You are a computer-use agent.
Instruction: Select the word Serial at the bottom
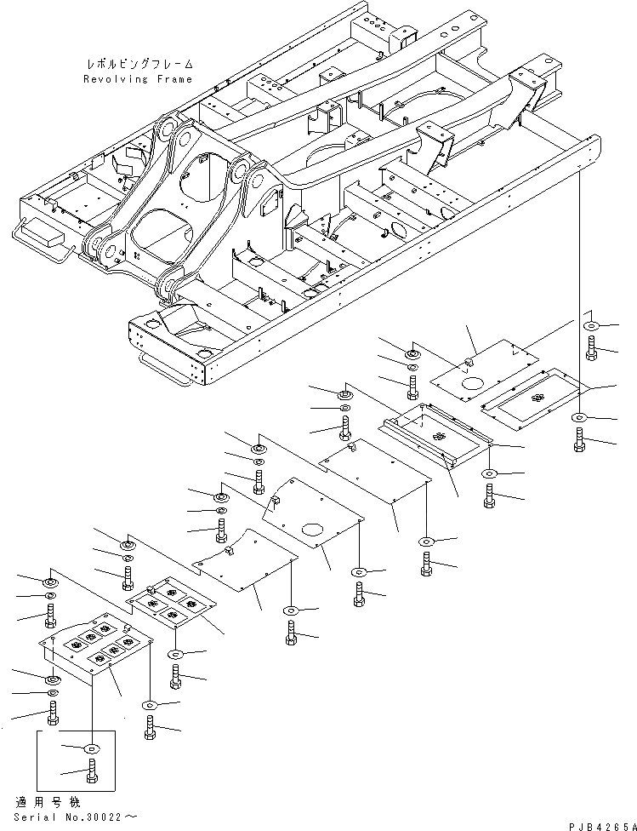(34, 815)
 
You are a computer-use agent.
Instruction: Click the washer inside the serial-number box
(91, 748)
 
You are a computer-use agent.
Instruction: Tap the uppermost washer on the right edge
(590, 325)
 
